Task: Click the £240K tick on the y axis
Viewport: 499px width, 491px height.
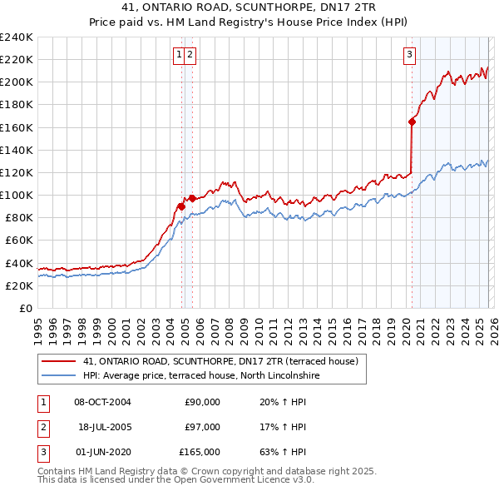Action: click(x=17, y=37)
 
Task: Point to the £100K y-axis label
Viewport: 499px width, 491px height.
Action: click(x=17, y=195)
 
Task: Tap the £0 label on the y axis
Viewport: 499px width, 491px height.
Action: click(x=25, y=308)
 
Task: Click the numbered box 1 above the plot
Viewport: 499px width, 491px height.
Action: click(x=178, y=55)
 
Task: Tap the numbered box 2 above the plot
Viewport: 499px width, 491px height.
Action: click(x=190, y=55)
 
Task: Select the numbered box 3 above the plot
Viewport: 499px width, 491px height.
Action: click(x=410, y=55)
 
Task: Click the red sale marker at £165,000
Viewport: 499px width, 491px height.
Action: click(x=412, y=122)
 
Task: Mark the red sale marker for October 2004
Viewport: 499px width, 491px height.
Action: click(x=180, y=206)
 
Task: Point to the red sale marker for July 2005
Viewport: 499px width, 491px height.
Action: click(x=192, y=198)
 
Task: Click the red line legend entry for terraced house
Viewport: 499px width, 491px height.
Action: click(x=220, y=361)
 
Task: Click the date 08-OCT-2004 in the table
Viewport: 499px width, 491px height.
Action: click(x=102, y=402)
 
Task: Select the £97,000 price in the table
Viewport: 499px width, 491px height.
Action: click(x=202, y=427)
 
